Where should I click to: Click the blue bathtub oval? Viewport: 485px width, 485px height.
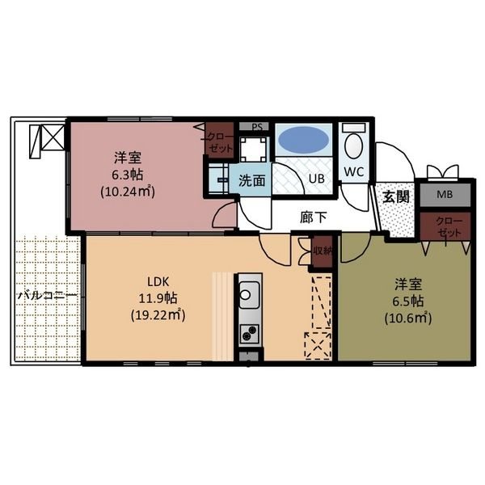(x=303, y=140)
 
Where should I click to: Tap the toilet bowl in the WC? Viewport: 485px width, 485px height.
(x=353, y=146)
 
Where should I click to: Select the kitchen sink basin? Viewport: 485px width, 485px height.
(x=249, y=295)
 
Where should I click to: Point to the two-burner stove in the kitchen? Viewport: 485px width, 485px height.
(x=249, y=333)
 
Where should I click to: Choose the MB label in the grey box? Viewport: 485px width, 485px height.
(x=445, y=194)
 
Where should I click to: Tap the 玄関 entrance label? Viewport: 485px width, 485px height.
(x=395, y=196)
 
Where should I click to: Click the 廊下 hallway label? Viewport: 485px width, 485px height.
(x=313, y=217)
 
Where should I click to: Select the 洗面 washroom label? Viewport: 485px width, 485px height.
(x=251, y=180)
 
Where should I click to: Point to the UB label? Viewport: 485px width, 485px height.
(x=317, y=178)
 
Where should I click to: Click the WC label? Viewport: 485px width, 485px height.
(x=354, y=171)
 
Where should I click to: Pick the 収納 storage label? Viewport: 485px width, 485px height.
(x=322, y=251)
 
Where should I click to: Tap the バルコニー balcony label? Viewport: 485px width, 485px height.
(x=47, y=296)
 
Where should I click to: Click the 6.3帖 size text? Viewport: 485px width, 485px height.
(x=127, y=175)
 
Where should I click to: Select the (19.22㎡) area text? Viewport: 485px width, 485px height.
(x=158, y=315)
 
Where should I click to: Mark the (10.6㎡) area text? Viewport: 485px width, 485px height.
(x=408, y=318)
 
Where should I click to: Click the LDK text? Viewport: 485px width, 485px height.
(x=158, y=282)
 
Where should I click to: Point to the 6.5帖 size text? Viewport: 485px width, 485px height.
(x=408, y=302)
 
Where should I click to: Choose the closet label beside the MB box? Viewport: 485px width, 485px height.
(x=449, y=226)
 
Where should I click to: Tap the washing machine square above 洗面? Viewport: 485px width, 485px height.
(x=253, y=150)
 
